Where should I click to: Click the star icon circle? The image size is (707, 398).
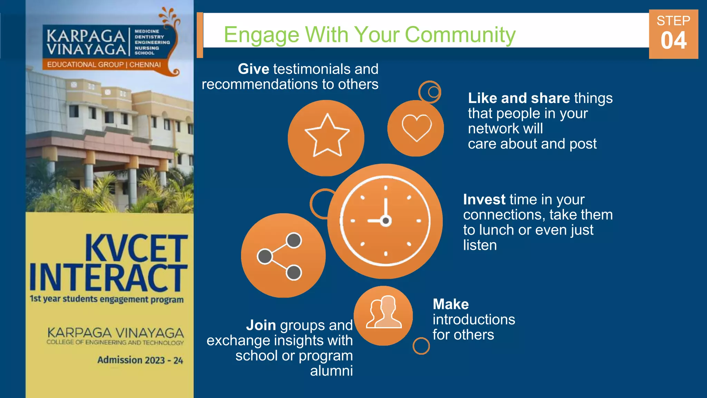pyautogui.click(x=326, y=138)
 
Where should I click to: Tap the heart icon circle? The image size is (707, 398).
pyautogui.click(x=416, y=128)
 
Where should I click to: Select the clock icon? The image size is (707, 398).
pyautogui.click(x=385, y=221)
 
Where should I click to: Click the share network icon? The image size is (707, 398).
pyautogui.click(x=283, y=256)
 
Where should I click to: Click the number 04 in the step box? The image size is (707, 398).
pyautogui.click(x=673, y=41)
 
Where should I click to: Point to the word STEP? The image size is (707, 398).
pyautogui.click(x=673, y=21)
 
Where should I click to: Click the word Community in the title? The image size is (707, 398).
pyautogui.click(x=460, y=35)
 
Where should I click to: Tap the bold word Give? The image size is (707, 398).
pyautogui.click(x=253, y=69)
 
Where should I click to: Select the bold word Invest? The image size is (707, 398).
pyautogui.click(x=484, y=200)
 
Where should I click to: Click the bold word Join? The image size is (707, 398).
pyautogui.click(x=261, y=325)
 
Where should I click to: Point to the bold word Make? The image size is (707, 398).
pyautogui.click(x=451, y=304)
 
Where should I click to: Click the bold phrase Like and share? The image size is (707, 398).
pyautogui.click(x=519, y=98)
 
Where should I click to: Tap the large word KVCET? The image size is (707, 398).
pyautogui.click(x=136, y=248)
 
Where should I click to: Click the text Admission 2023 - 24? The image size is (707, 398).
pyautogui.click(x=140, y=360)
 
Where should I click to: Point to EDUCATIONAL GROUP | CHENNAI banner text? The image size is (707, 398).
pyautogui.click(x=104, y=65)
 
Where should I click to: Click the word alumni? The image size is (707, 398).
pyautogui.click(x=331, y=371)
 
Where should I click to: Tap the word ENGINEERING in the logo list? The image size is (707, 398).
pyautogui.click(x=152, y=42)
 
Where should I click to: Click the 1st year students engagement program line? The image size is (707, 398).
pyautogui.click(x=106, y=299)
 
